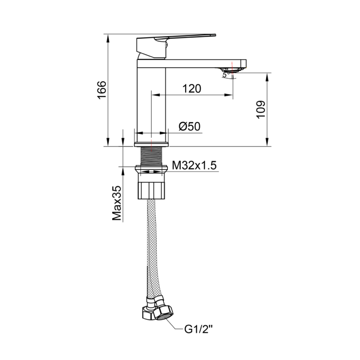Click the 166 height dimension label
tap(102, 90)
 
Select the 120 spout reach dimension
tap(192, 89)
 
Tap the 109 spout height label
tap(261, 109)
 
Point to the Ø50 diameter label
tap(189, 126)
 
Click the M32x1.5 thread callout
tap(194, 165)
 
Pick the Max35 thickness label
tap(117, 203)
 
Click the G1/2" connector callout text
tap(199, 329)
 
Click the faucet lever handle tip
tap(215, 35)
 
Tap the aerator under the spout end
tap(232, 70)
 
